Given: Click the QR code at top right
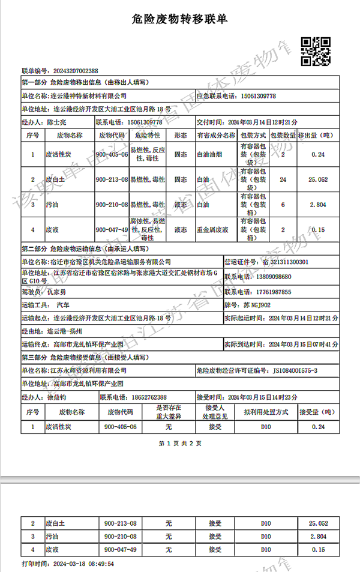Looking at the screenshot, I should [315, 50].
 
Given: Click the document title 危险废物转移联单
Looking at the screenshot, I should [179, 20].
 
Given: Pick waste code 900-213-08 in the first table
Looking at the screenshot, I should [112, 179].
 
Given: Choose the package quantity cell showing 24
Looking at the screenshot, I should [282, 179].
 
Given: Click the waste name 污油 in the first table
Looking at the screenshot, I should [52, 205].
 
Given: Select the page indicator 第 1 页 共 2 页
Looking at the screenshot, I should [180, 444].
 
